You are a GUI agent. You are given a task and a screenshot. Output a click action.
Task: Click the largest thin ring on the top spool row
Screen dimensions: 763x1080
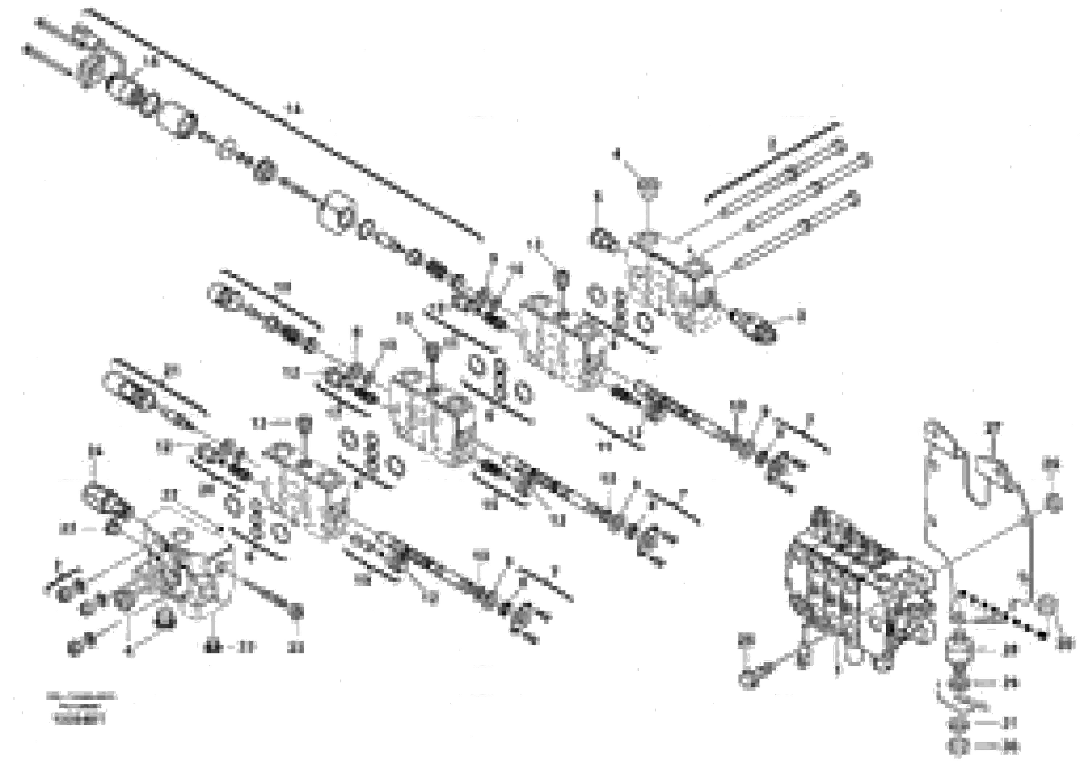[336, 213]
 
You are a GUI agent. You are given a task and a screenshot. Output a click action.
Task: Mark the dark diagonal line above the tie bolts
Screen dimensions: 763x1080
[772, 162]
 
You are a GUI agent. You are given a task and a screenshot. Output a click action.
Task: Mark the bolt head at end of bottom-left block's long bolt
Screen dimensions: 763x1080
[296, 612]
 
